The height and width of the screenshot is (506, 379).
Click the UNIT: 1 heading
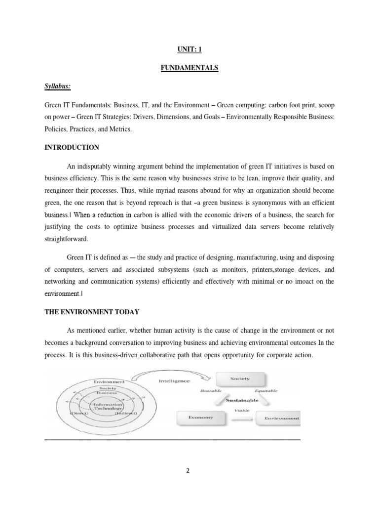coord(189,49)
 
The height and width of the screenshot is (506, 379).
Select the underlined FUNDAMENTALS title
coord(189,68)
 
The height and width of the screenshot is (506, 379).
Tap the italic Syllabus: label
coord(57,87)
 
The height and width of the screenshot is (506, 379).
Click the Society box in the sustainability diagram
coord(240,379)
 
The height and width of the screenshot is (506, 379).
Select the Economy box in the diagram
coord(201,418)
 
